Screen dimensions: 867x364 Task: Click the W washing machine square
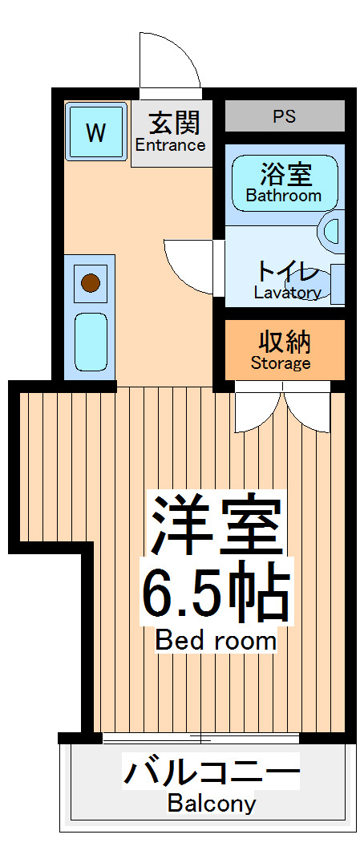pos(95,132)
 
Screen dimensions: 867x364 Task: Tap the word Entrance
pos(170,146)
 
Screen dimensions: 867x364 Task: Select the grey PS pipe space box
pos(284,116)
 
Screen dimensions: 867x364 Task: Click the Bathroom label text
pos(283,196)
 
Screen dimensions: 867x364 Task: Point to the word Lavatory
pos(287,293)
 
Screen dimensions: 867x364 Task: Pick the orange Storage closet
pos(284,350)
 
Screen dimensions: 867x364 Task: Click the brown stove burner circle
pos(90,282)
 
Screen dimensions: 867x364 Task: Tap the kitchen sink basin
pos(90,341)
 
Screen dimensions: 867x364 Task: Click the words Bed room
pos(216,641)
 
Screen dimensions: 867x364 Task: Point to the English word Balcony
pos(212,804)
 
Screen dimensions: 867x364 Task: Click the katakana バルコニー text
pos(211,773)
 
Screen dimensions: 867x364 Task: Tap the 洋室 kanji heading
pos(215,526)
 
